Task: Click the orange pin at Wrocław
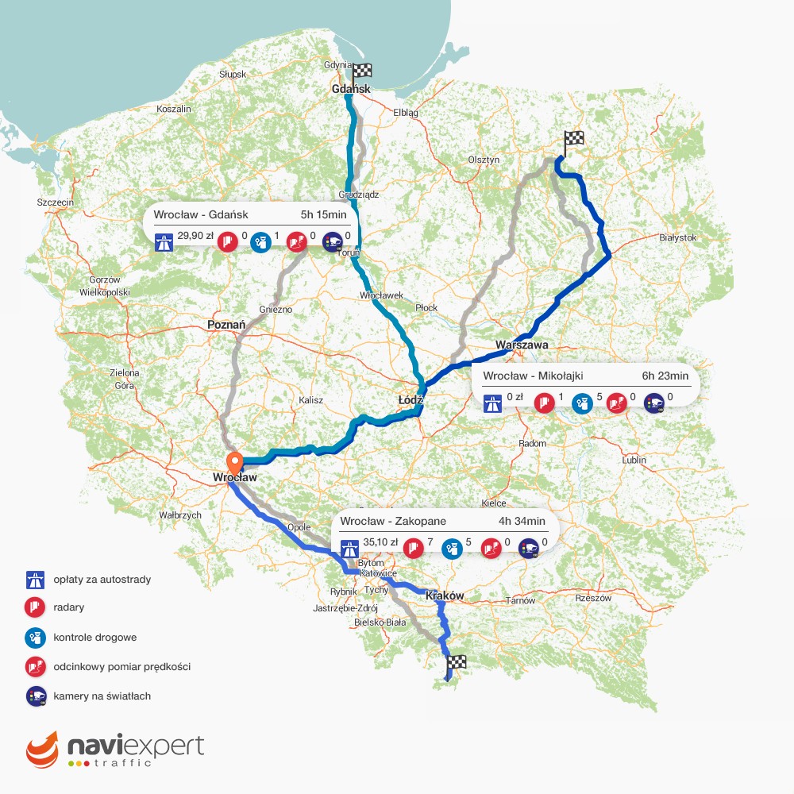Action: click(234, 462)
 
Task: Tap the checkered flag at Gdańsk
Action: click(362, 72)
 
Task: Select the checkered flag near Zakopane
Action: click(456, 663)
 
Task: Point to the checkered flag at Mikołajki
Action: click(573, 140)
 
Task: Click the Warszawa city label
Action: click(522, 345)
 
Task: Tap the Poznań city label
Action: click(226, 325)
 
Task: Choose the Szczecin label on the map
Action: click(56, 203)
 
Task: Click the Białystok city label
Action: click(677, 237)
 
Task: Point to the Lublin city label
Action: click(634, 460)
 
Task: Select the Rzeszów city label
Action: click(594, 598)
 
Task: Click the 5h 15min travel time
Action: click(323, 214)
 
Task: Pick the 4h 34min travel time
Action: click(522, 522)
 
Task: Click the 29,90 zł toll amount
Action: click(195, 236)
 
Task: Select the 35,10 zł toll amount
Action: click(379, 544)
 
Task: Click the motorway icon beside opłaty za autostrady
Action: click(33, 579)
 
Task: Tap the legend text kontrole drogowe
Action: click(94, 638)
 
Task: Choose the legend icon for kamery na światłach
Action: click(34, 696)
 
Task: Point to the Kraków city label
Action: click(445, 595)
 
